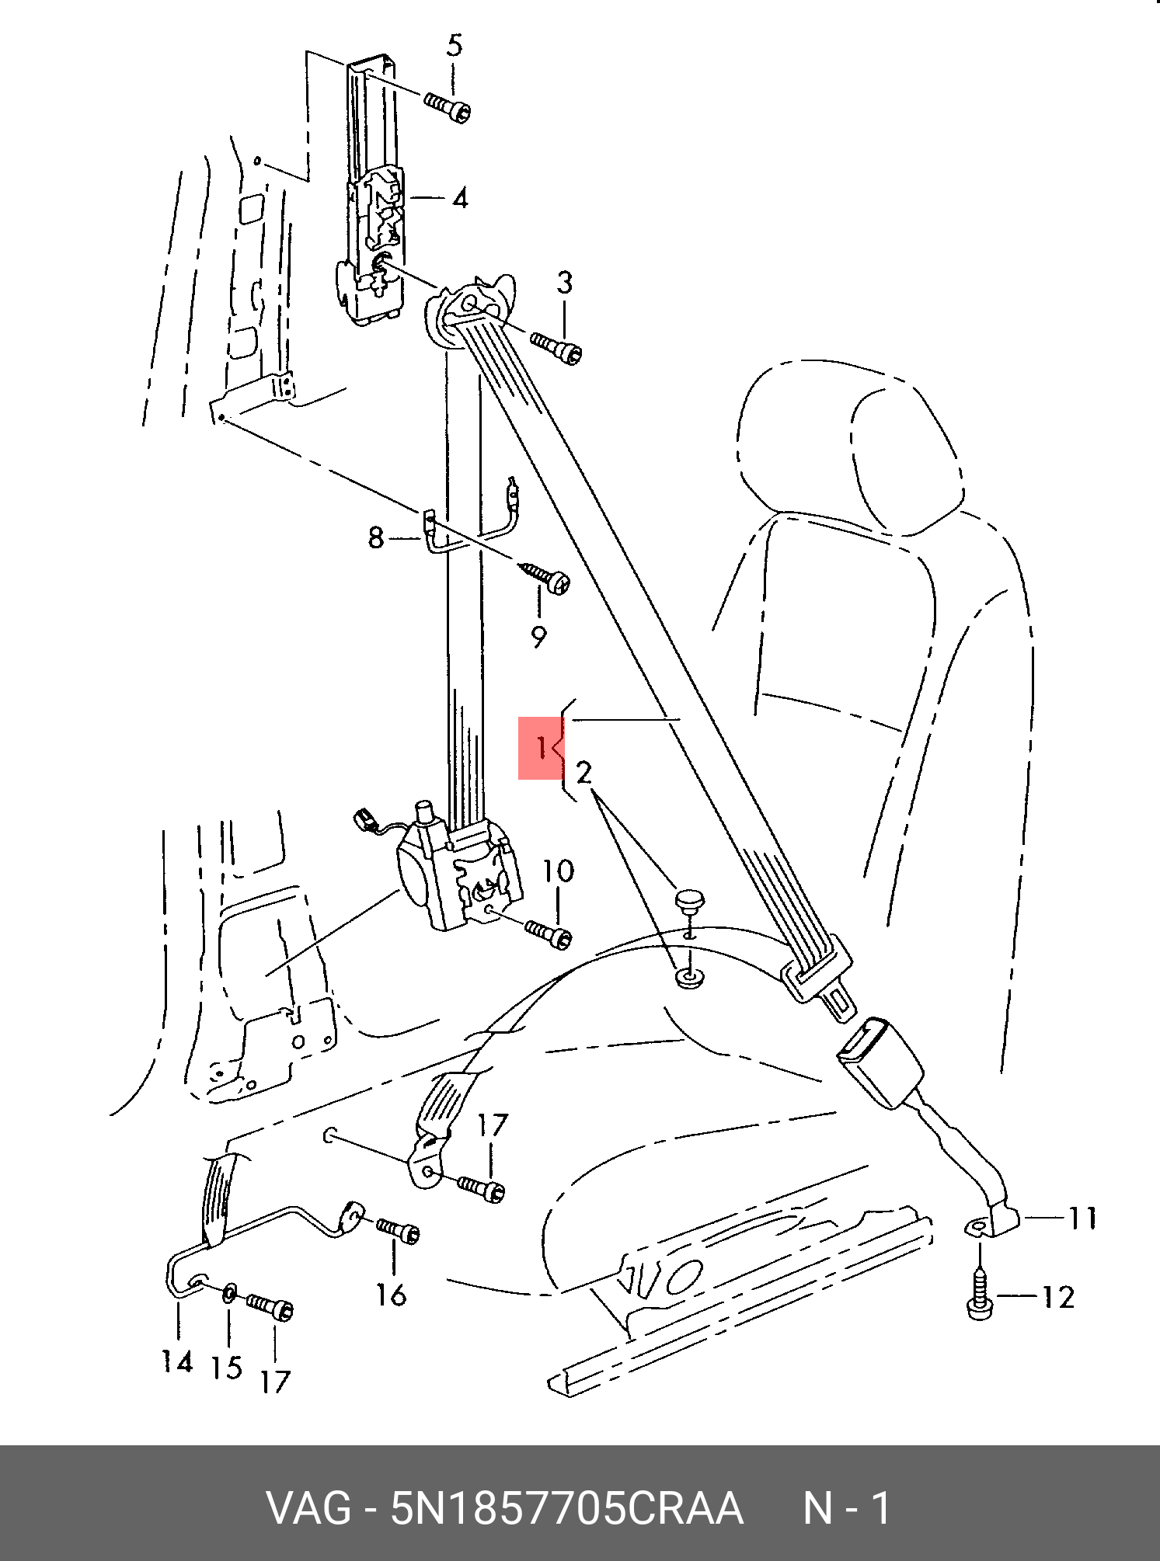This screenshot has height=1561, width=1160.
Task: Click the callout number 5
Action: coord(455,46)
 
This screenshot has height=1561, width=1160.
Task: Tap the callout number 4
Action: coord(460,199)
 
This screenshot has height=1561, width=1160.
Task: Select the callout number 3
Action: coord(565,283)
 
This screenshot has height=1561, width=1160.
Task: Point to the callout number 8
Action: coord(376,537)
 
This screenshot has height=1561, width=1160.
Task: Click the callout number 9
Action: coord(538,637)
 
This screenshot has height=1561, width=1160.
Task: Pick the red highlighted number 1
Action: coord(541,748)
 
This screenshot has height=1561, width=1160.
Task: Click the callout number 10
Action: coord(558,871)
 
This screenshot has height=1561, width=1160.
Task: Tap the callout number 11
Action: coord(1082,1219)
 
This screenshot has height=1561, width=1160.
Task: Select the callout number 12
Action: coord(1057,1298)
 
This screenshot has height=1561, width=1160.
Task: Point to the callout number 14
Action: coord(177,1361)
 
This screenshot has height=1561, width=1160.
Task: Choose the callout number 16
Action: coord(392,1295)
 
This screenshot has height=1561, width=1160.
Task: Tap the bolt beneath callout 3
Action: coord(557,348)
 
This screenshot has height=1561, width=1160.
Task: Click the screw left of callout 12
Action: coord(981,1299)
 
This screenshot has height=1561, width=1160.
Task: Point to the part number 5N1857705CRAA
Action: coord(566,1509)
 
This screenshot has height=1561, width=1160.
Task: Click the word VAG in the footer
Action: coord(308,1509)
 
